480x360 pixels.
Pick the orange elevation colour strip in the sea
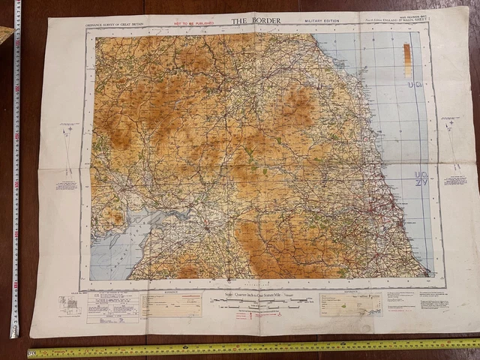click(x=406, y=60)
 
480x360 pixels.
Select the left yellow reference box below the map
click(x=171, y=304)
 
